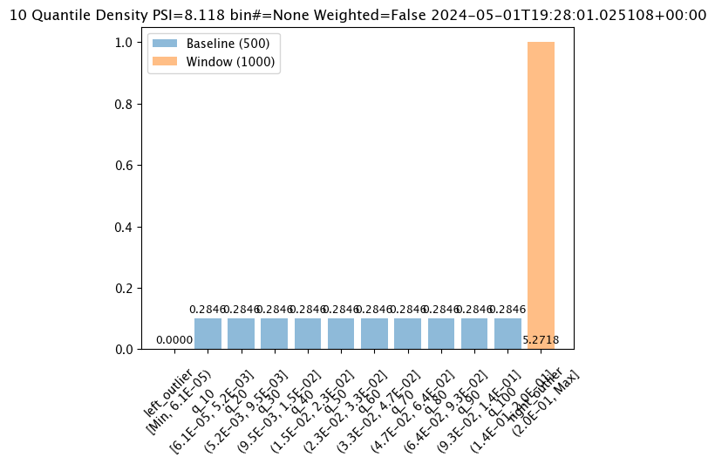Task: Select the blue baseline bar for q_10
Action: click(x=208, y=334)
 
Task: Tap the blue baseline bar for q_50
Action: click(x=341, y=334)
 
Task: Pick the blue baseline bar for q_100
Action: click(x=507, y=334)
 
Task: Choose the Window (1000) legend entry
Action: click(x=230, y=62)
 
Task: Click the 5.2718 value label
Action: click(x=541, y=340)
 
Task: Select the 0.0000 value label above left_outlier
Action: click(x=174, y=340)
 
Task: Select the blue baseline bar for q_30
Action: click(x=275, y=334)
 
